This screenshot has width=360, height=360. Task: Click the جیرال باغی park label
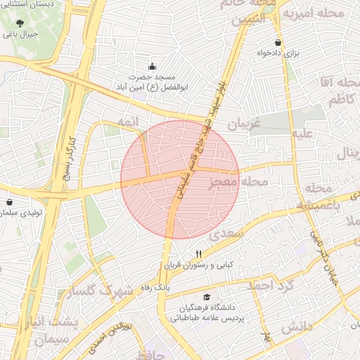click(20, 33)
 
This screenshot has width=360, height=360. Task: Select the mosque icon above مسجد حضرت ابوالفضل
click(152, 66)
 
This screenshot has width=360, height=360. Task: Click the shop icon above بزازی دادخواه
click(278, 42)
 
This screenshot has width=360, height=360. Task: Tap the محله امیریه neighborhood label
click(321, 13)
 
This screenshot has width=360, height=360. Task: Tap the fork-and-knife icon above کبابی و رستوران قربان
click(199, 255)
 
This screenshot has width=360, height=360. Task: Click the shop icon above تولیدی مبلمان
click(10, 202)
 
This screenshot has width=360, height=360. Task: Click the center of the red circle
click(180, 179)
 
